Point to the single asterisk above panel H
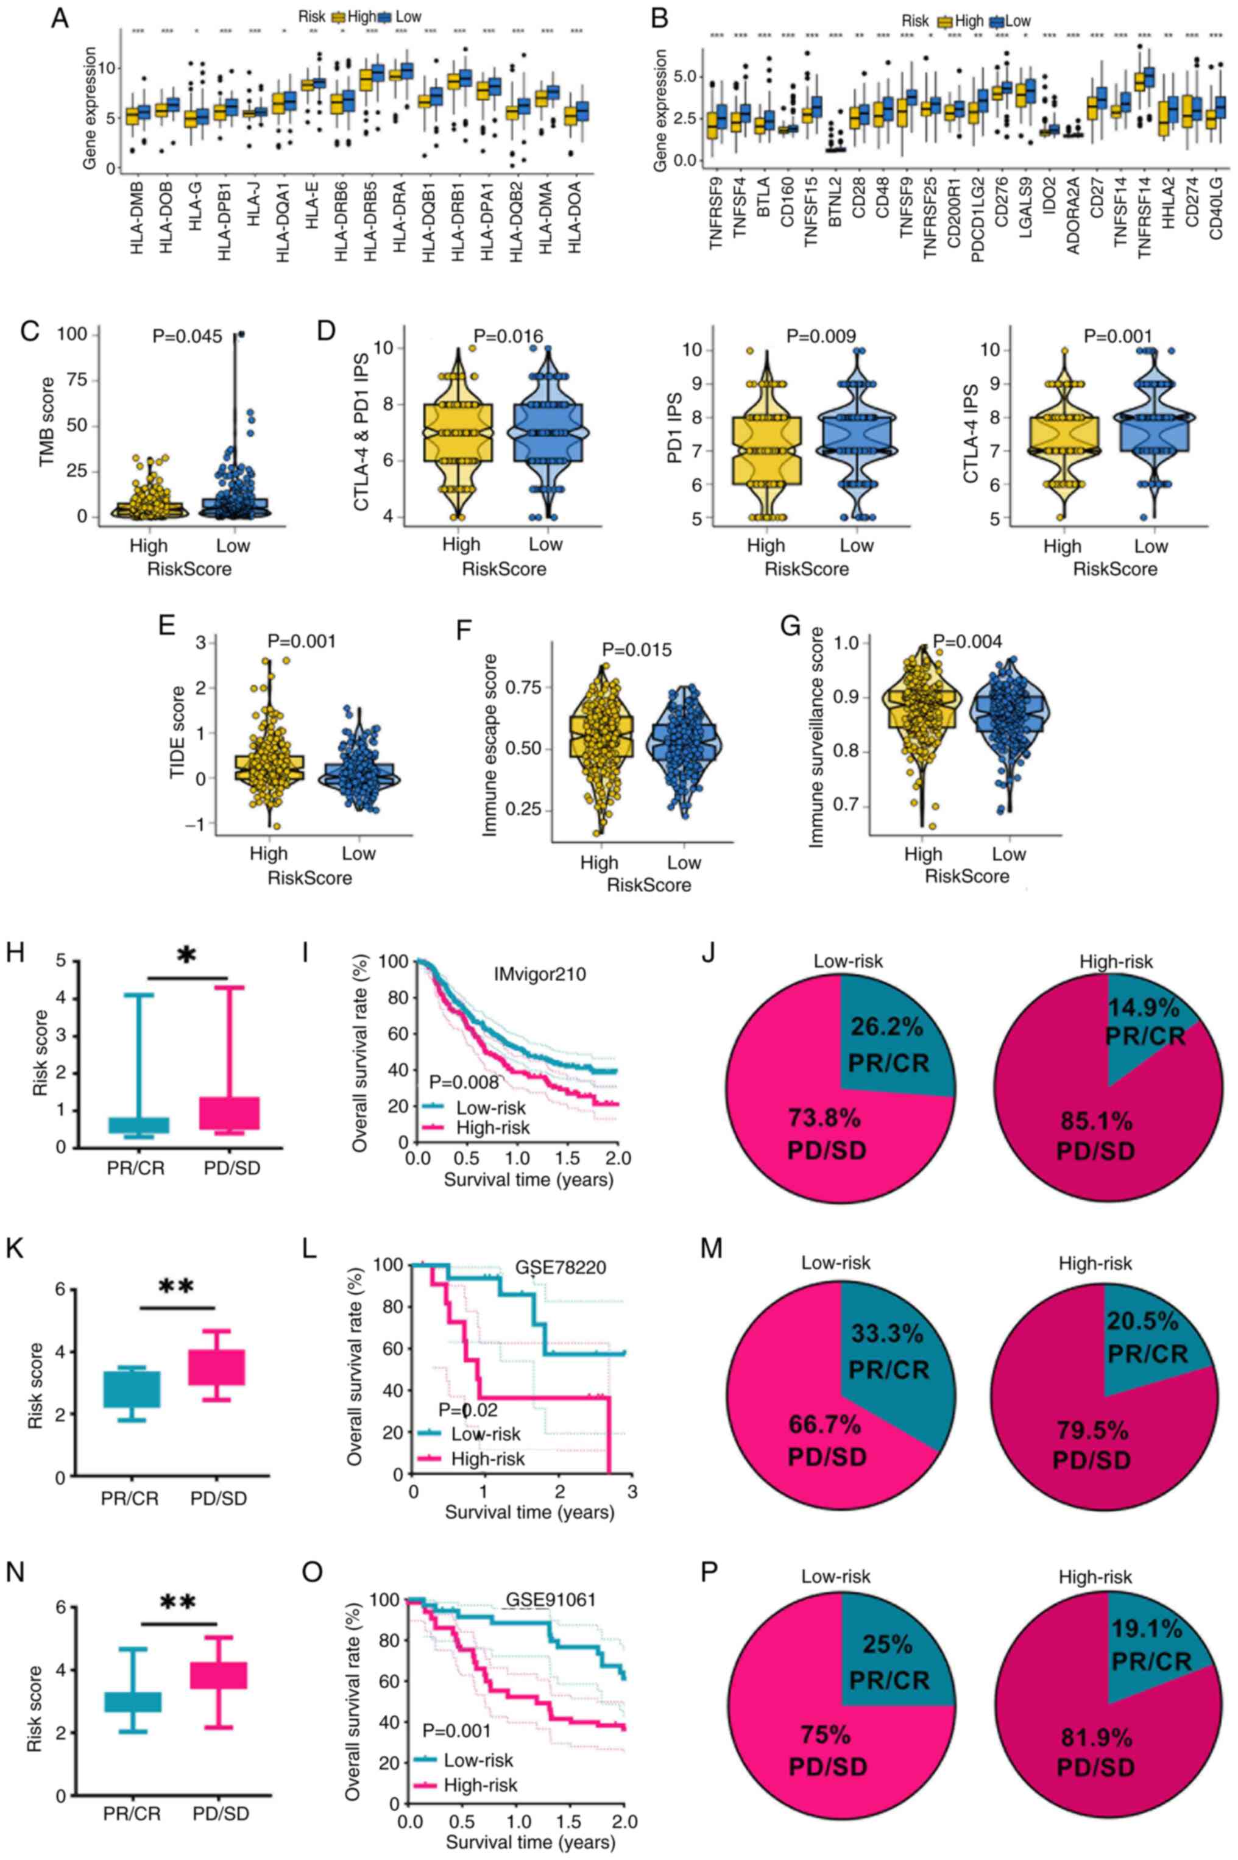click(186, 956)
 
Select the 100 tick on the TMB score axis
click(69, 336)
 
